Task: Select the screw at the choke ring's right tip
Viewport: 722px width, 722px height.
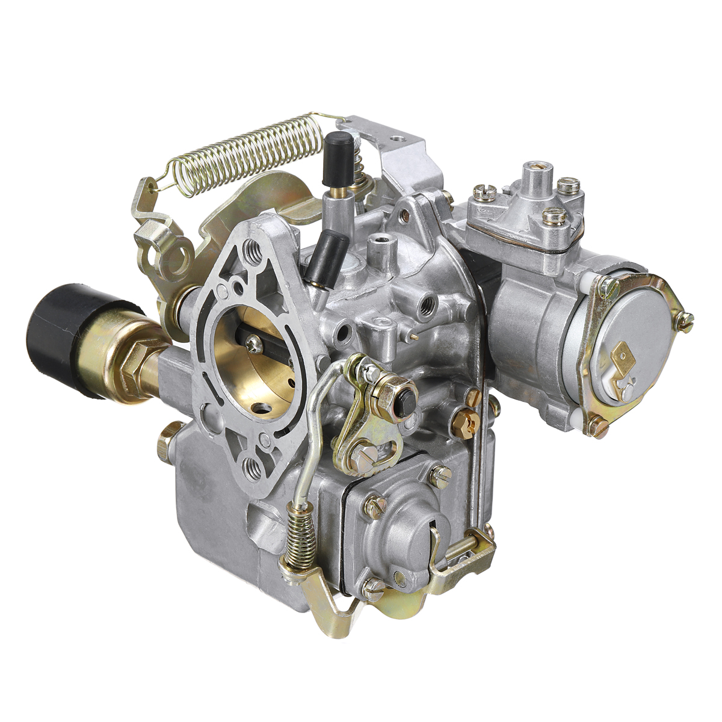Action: [x=685, y=320]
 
